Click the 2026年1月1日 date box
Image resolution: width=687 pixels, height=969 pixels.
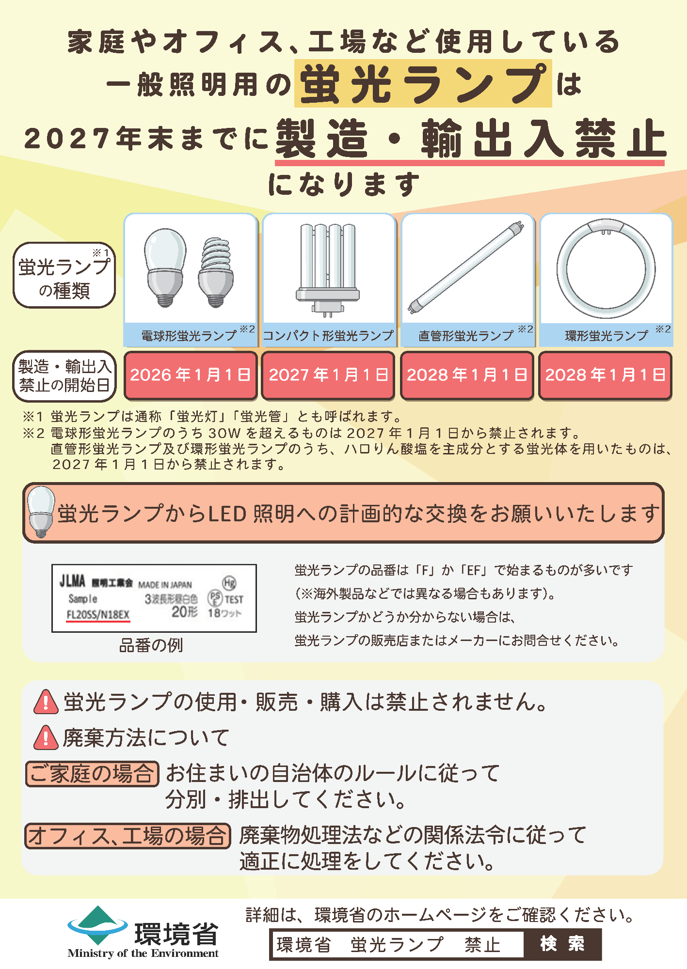point(191,375)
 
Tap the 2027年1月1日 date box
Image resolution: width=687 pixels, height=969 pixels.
point(328,375)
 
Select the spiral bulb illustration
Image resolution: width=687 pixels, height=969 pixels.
point(216,272)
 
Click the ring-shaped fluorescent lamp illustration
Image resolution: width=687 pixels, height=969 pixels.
point(606,269)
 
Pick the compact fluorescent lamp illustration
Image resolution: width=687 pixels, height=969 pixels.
point(328,269)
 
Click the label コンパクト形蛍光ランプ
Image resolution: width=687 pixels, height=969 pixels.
point(328,336)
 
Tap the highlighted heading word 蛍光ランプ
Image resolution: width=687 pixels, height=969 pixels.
point(423,84)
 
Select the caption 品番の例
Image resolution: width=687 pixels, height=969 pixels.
point(151,645)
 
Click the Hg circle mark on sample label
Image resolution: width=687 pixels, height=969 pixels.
point(229,583)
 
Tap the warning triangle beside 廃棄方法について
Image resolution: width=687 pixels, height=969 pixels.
point(46,738)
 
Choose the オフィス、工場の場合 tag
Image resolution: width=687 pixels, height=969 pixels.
point(128,836)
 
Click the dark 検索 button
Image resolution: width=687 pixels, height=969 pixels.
point(562,944)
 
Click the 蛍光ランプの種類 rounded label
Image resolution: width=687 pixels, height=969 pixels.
point(64,275)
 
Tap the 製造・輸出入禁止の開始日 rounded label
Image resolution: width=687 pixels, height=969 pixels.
point(64,376)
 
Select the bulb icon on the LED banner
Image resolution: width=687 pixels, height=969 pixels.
point(41,511)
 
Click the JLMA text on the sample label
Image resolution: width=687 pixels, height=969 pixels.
point(72,581)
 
